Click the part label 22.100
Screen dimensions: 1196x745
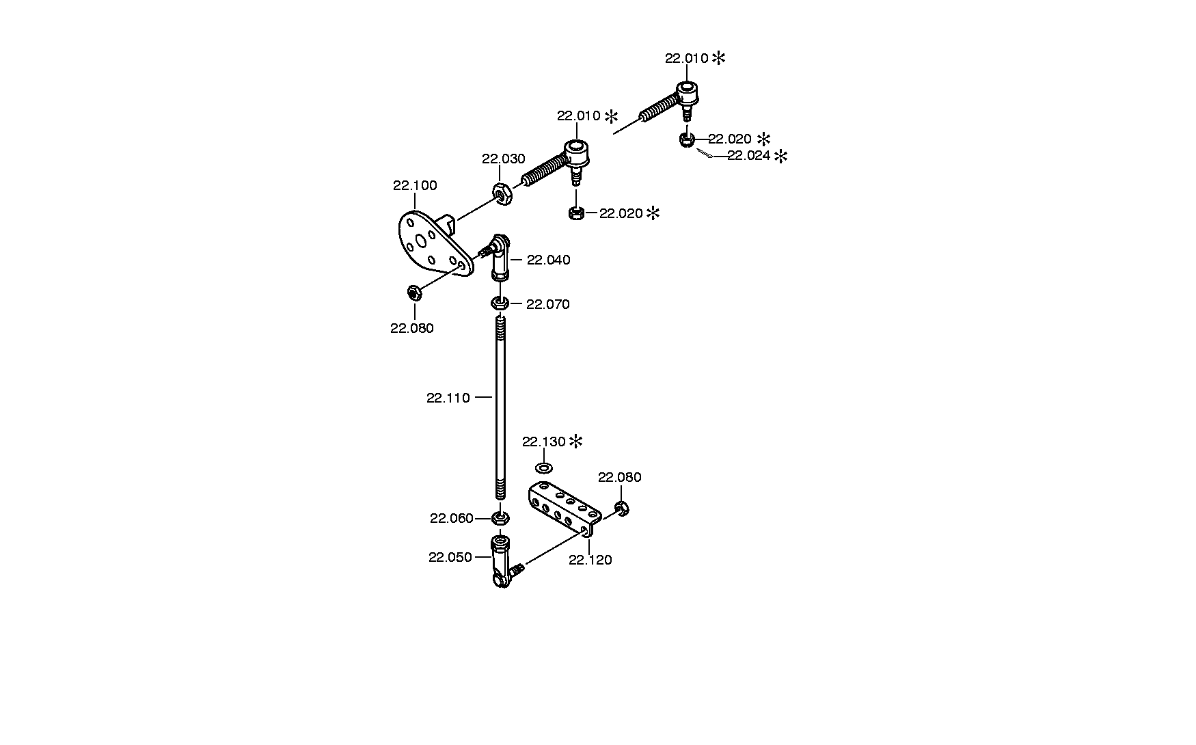[415, 185]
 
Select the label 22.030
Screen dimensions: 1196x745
[503, 159]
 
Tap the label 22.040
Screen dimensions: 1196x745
[548, 260]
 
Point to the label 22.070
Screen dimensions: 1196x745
[547, 304]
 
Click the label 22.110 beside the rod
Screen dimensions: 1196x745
[448, 398]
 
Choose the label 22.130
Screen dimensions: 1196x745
[544, 442]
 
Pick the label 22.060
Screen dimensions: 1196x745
[452, 519]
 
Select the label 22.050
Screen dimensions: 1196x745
[450, 557]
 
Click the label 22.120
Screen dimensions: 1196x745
[590, 560]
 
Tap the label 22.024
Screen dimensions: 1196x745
[748, 155]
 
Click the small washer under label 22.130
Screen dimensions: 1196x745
[544, 468]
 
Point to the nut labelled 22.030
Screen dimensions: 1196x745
[500, 195]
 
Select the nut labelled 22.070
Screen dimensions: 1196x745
[500, 303]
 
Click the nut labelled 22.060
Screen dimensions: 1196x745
[500, 518]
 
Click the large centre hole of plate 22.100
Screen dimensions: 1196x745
[420, 239]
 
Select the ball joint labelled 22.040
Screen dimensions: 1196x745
[498, 256]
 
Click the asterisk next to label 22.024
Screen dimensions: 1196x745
[780, 156]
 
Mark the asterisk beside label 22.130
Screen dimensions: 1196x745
[576, 441]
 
